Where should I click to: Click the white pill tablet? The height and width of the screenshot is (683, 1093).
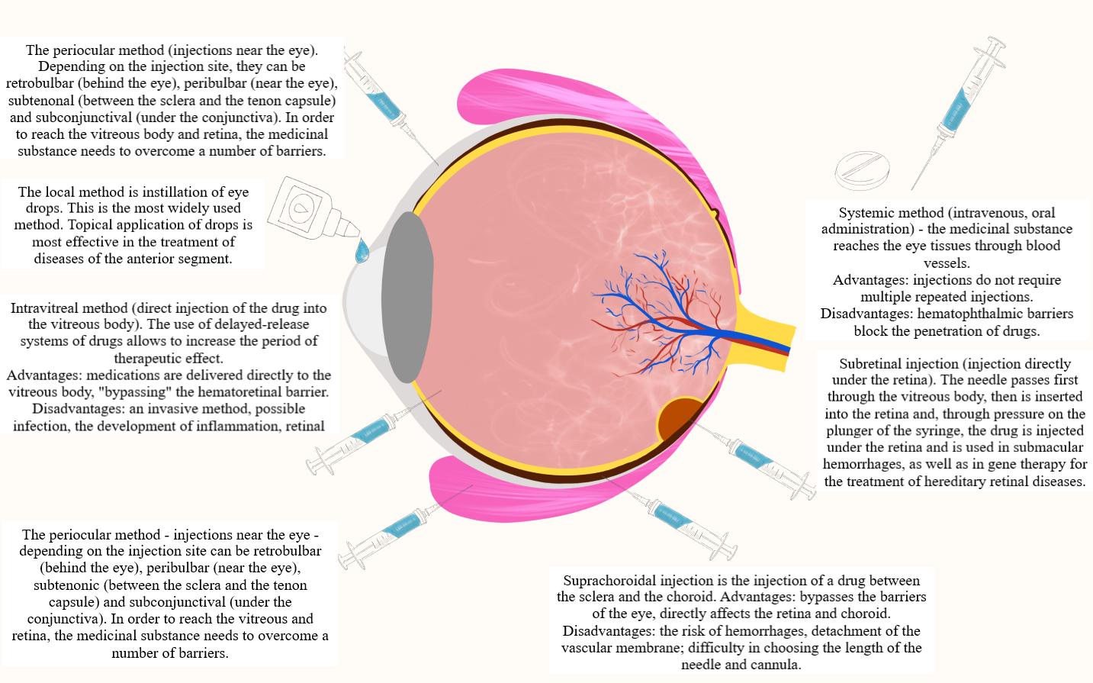click(x=862, y=170)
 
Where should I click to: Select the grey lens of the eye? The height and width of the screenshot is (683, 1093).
click(x=407, y=298)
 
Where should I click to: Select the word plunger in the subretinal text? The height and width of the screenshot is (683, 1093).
click(x=850, y=430)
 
